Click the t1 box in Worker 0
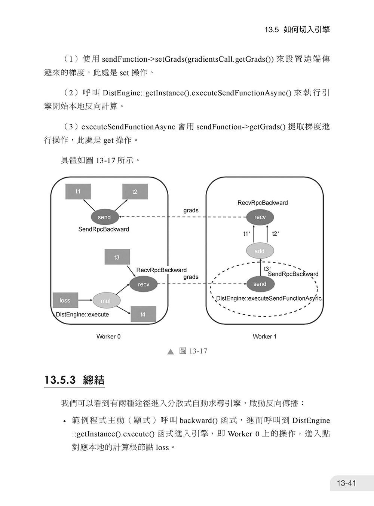point(78,191)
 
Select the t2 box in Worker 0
point(135,191)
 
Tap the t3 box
point(117,257)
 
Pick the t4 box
point(143,314)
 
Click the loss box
point(65,300)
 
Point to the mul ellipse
point(106,300)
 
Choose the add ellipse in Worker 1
point(260,251)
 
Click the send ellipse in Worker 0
point(105,217)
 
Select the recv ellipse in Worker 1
point(260,217)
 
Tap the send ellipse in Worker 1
point(260,284)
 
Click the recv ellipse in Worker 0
point(143,284)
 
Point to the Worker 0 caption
point(108,337)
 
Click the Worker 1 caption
point(265,337)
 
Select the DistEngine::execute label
point(82,315)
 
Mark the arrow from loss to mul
point(85,300)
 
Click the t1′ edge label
point(247,234)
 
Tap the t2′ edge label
point(276,234)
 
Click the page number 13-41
point(346,483)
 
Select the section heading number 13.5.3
point(60,380)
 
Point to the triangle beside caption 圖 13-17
point(171,352)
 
